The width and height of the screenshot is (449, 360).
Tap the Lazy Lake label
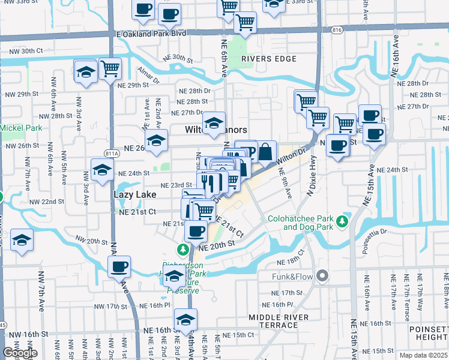[135, 194]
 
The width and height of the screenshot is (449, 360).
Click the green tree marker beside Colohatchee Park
[342, 222]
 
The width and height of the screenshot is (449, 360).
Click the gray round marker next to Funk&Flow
[322, 276]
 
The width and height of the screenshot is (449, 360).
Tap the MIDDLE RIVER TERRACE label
[279, 321]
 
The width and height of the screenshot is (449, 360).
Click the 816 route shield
[336, 29]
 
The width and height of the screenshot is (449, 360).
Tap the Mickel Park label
[20, 128]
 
